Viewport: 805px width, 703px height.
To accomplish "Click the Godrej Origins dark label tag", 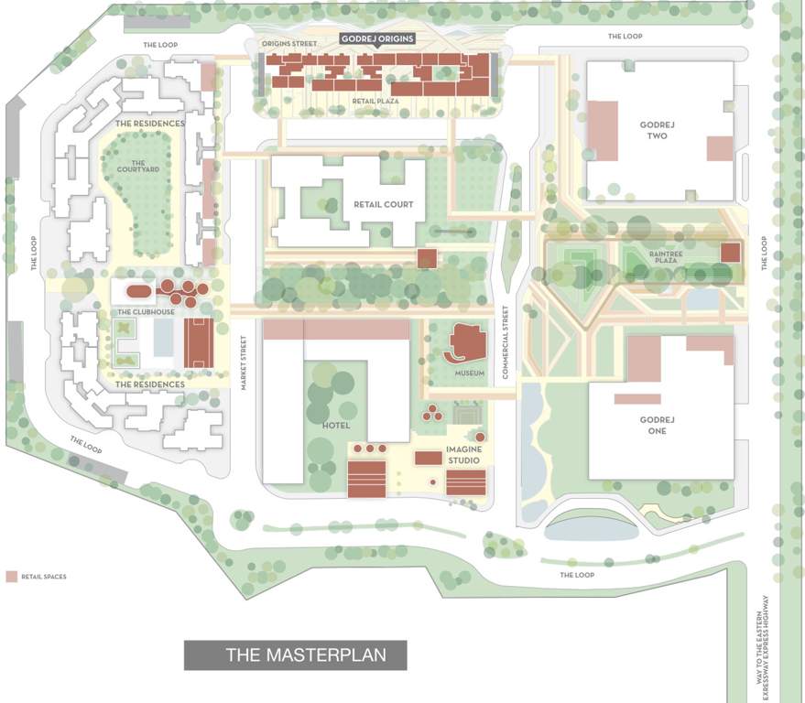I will (378, 38).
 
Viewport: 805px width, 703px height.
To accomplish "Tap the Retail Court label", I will (385, 204).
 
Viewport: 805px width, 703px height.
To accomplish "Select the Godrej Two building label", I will (656, 129).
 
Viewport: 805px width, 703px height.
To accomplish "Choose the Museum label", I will (469, 373).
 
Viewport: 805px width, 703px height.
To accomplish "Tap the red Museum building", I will (467, 343).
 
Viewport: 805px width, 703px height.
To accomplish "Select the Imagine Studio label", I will (463, 455).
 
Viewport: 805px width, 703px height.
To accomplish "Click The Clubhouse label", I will (139, 312).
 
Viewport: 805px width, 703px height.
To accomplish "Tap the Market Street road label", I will (245, 362).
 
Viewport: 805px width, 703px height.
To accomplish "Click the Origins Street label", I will (289, 44).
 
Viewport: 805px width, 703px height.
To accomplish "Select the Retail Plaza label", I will (375, 101).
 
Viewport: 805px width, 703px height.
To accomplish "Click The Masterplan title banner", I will (295, 654).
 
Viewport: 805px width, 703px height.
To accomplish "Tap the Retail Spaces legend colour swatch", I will (11, 577).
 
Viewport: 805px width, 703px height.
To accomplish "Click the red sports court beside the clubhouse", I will (198, 342).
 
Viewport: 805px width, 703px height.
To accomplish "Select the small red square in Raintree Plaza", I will (730, 253).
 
